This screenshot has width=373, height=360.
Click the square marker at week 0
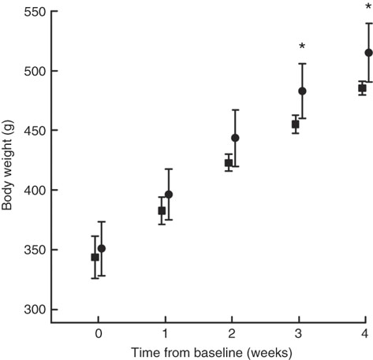point(95,257)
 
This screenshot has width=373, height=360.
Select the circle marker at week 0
point(102,248)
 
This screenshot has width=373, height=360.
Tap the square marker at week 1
point(162,210)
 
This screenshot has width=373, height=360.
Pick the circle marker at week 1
point(169,195)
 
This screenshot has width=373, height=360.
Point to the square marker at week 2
point(229,163)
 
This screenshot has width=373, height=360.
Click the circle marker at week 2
point(235,138)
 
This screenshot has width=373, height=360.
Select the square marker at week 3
point(296,124)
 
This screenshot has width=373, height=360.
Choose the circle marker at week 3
point(302,91)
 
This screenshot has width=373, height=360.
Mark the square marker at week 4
point(362,88)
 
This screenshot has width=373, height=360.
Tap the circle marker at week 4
point(368,53)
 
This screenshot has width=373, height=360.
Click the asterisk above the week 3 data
point(302,47)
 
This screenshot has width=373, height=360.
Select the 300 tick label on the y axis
point(29,310)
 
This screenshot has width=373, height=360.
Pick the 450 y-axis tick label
point(29,131)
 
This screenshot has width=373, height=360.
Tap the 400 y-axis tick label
point(29,191)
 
